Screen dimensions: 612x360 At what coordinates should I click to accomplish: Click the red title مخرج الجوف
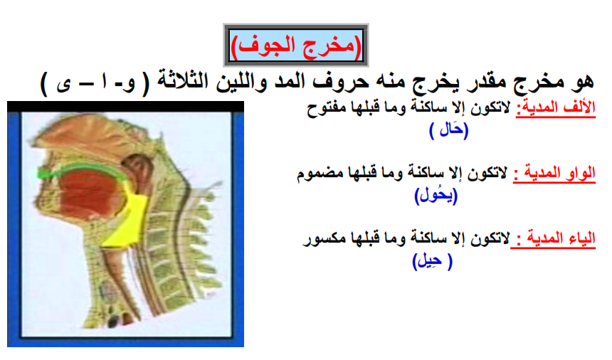pyautogui.click(x=296, y=46)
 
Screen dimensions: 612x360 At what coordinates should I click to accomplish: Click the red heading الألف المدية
pyautogui.click(x=556, y=107)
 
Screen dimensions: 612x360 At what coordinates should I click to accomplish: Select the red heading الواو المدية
pyautogui.click(x=554, y=172)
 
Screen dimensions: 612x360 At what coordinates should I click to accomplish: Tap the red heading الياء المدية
pyautogui.click(x=553, y=238)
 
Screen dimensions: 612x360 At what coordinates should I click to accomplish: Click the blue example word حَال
pyautogui.click(x=448, y=129)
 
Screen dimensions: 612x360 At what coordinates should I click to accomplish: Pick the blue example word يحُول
pyautogui.click(x=436, y=195)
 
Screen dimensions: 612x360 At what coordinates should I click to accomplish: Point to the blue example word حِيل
pyautogui.click(x=432, y=260)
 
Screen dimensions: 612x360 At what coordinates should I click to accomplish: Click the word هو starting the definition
pyautogui.click(x=582, y=81)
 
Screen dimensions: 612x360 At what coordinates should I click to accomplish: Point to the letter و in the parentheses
pyautogui.click(x=130, y=83)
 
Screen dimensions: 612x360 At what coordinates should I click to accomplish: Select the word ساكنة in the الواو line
pyautogui.click(x=426, y=172)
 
